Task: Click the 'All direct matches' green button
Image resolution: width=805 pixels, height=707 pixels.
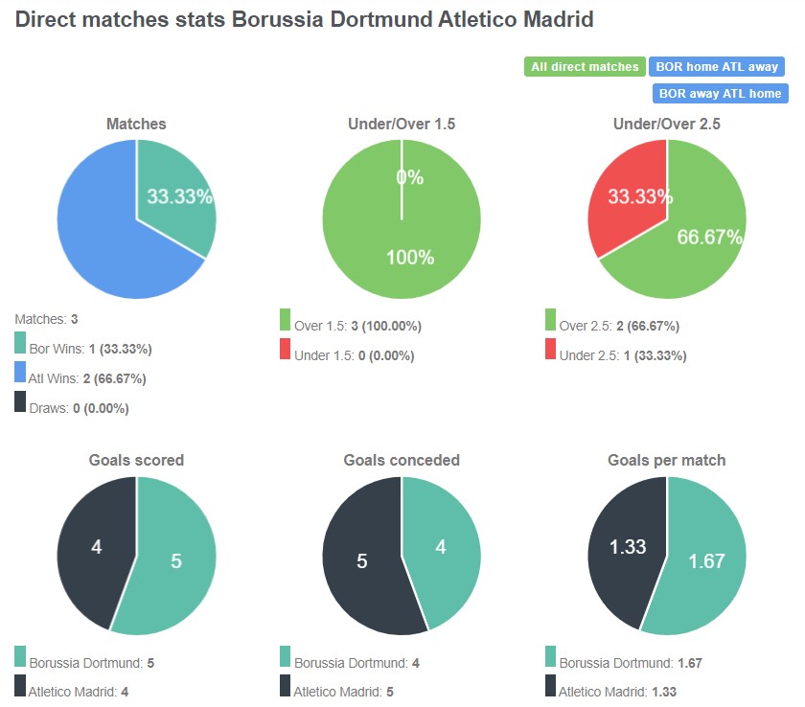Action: point(585,67)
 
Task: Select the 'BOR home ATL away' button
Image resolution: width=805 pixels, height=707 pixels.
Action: point(716,67)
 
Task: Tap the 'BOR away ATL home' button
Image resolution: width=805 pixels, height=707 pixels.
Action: point(720,94)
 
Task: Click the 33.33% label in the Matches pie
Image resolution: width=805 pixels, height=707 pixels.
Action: point(179,196)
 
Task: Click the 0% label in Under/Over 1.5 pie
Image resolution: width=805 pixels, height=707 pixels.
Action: point(409,177)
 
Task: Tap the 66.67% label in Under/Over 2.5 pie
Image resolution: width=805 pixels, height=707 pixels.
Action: point(710,237)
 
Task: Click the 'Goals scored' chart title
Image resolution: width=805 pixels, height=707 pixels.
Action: point(136,460)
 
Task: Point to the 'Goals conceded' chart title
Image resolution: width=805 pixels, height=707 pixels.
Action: point(402,460)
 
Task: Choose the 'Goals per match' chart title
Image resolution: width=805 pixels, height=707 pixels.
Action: point(666,460)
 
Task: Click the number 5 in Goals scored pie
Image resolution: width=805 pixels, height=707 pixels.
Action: point(176,561)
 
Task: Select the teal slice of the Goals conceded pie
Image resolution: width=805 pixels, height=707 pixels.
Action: point(441,546)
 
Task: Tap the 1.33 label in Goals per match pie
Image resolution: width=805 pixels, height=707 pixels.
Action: point(628,547)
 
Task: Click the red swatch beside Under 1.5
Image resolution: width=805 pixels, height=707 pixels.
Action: point(286,350)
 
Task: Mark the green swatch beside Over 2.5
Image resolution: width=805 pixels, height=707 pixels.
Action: point(550,320)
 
